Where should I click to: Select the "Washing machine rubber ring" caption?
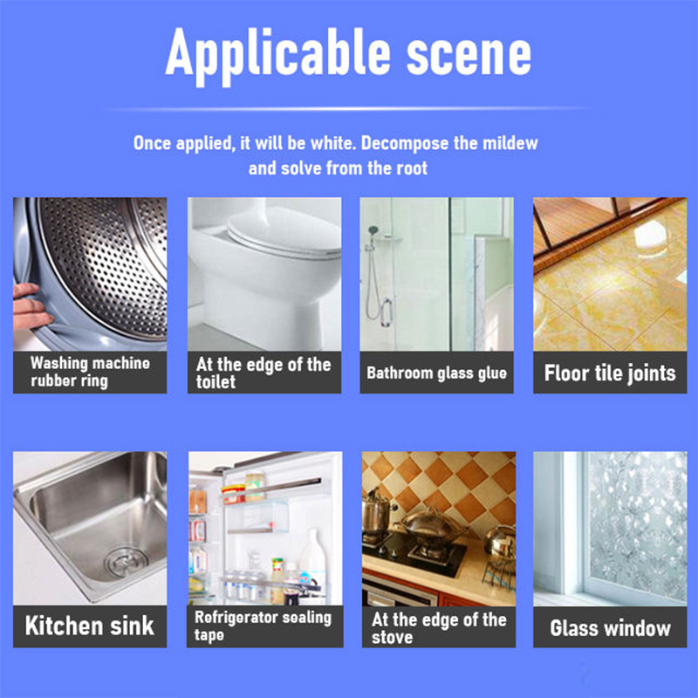[91, 372]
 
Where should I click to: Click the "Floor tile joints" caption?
[610, 373]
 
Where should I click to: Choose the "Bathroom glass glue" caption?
[437, 373]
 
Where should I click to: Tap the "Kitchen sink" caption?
[90, 626]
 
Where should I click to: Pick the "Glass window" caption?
[610, 628]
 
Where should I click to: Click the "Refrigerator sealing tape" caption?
[263, 626]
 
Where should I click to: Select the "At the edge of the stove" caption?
[439, 627]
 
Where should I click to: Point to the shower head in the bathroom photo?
[373, 231]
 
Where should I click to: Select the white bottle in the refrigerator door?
[313, 561]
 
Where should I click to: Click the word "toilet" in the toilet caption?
[216, 382]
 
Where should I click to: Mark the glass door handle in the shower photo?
[387, 313]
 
